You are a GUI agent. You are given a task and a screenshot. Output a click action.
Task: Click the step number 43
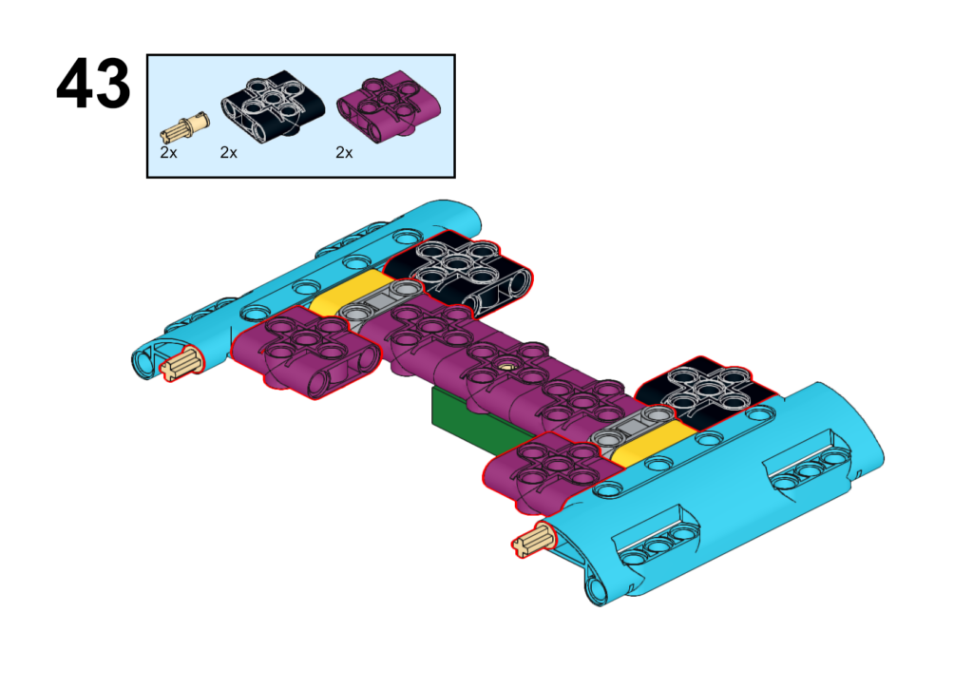click(x=93, y=84)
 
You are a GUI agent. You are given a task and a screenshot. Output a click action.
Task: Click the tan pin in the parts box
click(x=185, y=127)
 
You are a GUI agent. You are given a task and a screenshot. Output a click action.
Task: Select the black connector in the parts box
click(x=273, y=105)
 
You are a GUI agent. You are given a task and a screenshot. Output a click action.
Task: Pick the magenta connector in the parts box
click(x=389, y=106)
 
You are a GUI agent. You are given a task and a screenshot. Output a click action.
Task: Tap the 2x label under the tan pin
click(x=169, y=153)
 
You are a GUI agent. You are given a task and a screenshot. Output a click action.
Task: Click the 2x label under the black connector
click(x=229, y=153)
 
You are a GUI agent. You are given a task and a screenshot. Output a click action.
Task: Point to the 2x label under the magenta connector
click(x=344, y=153)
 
